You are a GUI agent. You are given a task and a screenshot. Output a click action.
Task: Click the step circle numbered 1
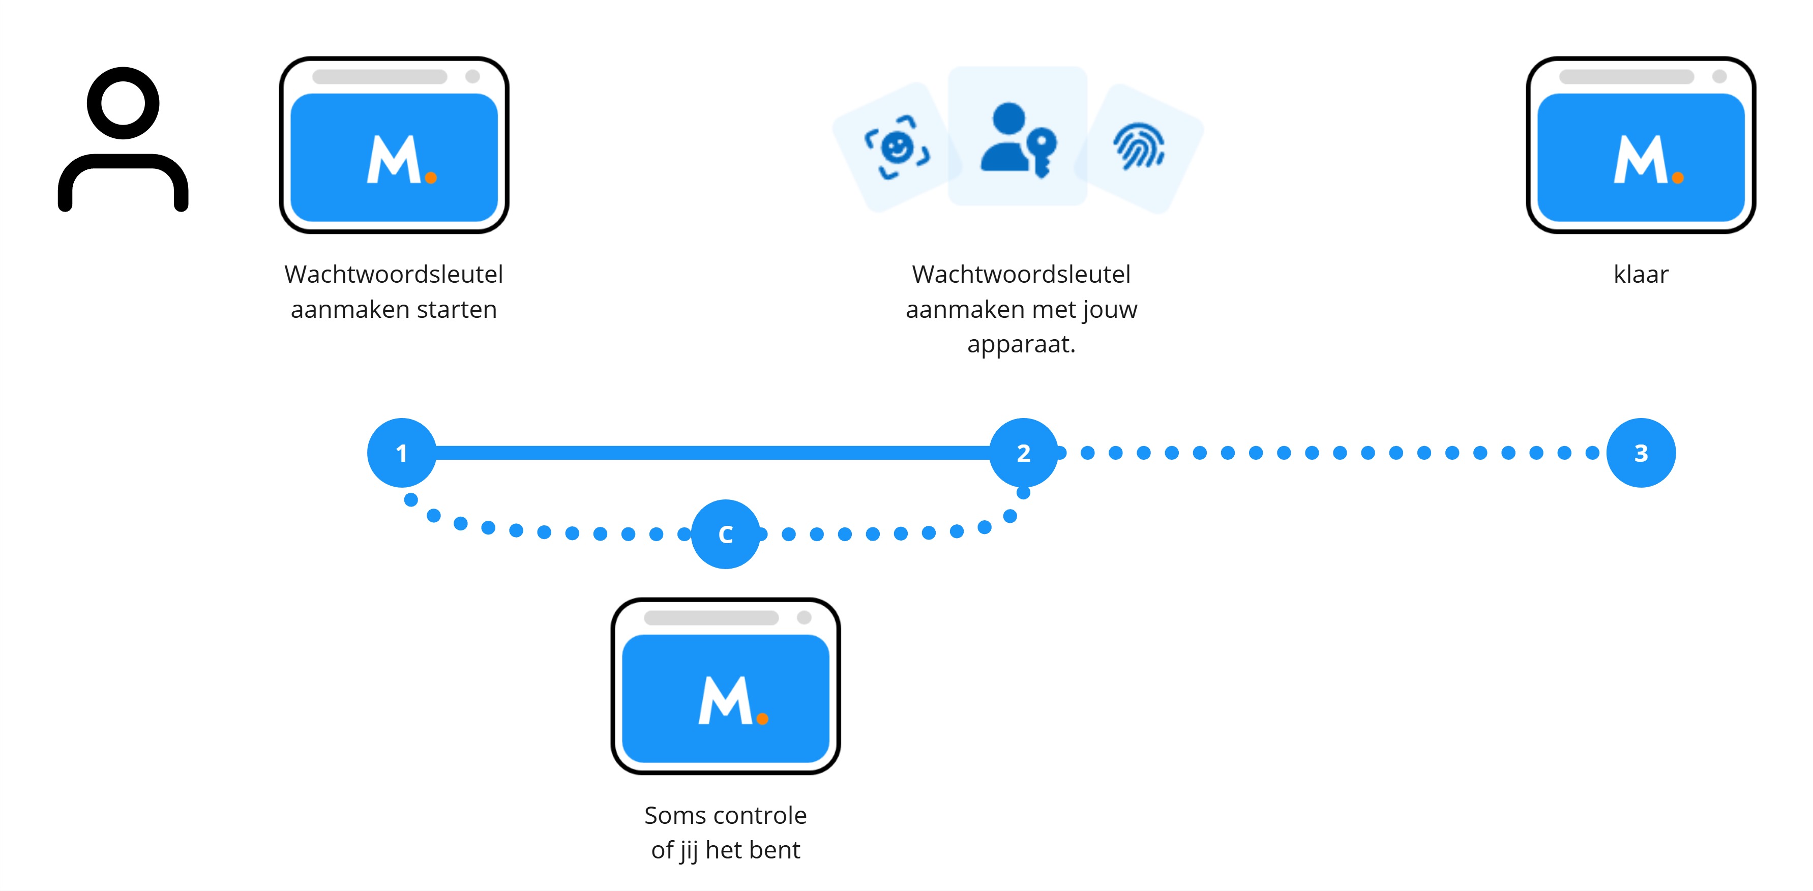click(x=401, y=453)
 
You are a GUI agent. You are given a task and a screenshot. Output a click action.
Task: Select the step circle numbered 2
click(x=1023, y=453)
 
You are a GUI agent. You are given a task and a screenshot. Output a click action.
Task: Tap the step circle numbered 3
click(x=1641, y=453)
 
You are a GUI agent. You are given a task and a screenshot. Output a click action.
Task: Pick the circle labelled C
click(x=726, y=534)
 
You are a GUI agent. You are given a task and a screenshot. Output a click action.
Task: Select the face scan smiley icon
click(x=897, y=147)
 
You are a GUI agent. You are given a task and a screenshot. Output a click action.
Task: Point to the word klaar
click(x=1641, y=275)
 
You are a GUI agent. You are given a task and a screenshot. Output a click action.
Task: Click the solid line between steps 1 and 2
click(x=711, y=453)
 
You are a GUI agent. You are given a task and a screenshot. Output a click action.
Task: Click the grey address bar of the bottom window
click(x=711, y=618)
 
